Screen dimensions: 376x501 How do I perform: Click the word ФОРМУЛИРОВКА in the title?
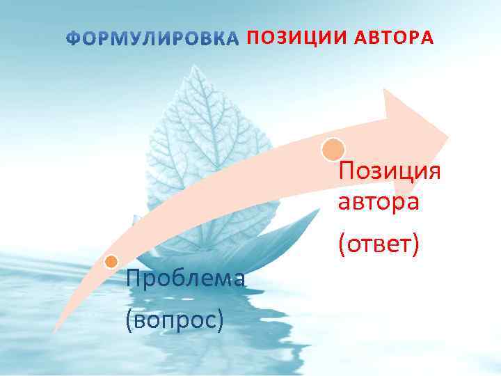152,38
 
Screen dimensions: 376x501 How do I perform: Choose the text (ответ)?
378,244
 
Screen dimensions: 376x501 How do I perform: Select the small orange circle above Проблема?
111,262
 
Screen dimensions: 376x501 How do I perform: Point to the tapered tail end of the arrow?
56,327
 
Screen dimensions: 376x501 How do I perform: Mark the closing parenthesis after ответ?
415,244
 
